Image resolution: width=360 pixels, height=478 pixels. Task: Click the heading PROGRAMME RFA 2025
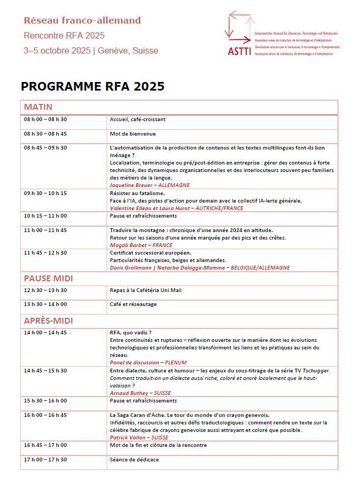tap(92, 86)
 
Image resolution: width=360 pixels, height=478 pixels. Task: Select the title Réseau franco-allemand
tap(82, 21)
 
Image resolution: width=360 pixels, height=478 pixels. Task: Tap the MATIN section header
tap(38, 107)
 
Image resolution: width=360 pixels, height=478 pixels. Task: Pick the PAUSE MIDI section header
tap(56, 278)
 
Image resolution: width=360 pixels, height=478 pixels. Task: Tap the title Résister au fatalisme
tap(137, 193)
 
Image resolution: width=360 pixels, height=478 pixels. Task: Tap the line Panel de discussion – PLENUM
tap(144, 362)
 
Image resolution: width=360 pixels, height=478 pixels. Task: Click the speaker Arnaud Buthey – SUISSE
tap(140, 393)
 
